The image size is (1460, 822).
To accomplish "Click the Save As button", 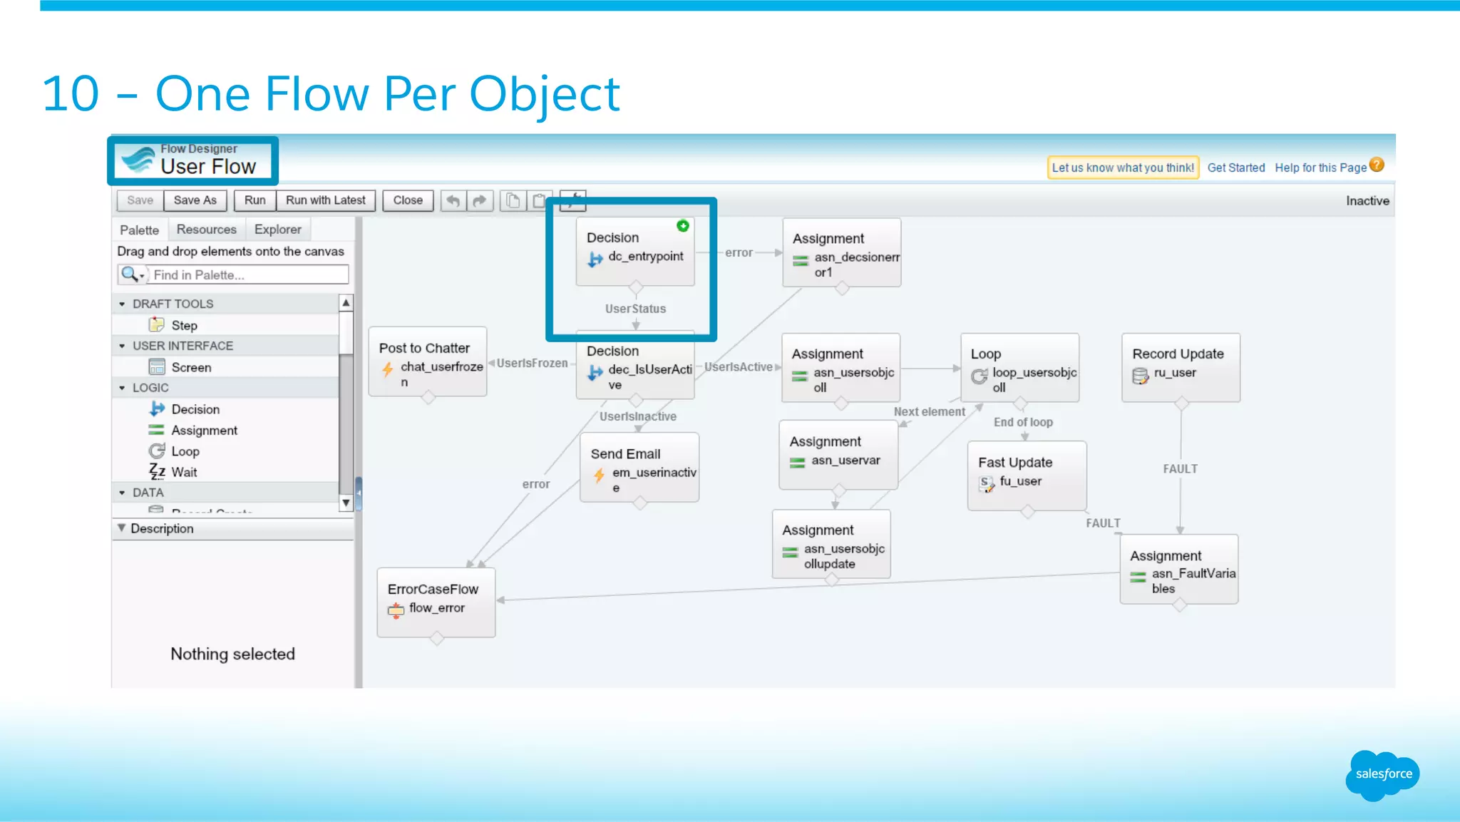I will [x=195, y=200].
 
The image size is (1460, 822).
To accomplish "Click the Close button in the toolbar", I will [x=408, y=200].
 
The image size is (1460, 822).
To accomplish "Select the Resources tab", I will [x=206, y=230].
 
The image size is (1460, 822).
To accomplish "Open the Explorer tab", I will [x=277, y=230].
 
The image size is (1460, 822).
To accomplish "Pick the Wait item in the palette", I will [x=183, y=472].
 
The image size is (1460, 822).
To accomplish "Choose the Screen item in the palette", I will [x=190, y=367].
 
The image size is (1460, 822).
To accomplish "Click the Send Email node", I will [x=639, y=468].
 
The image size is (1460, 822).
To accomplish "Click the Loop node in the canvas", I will [x=1019, y=367].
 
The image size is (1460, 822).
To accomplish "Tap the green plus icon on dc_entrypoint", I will [x=683, y=226].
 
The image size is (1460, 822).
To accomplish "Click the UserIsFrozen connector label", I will [x=532, y=364].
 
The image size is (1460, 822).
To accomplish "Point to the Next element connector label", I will [x=929, y=412].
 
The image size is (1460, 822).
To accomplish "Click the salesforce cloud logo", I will [x=1382, y=775].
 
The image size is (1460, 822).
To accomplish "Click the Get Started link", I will [x=1235, y=168].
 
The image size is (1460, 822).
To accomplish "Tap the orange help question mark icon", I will [x=1377, y=165].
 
